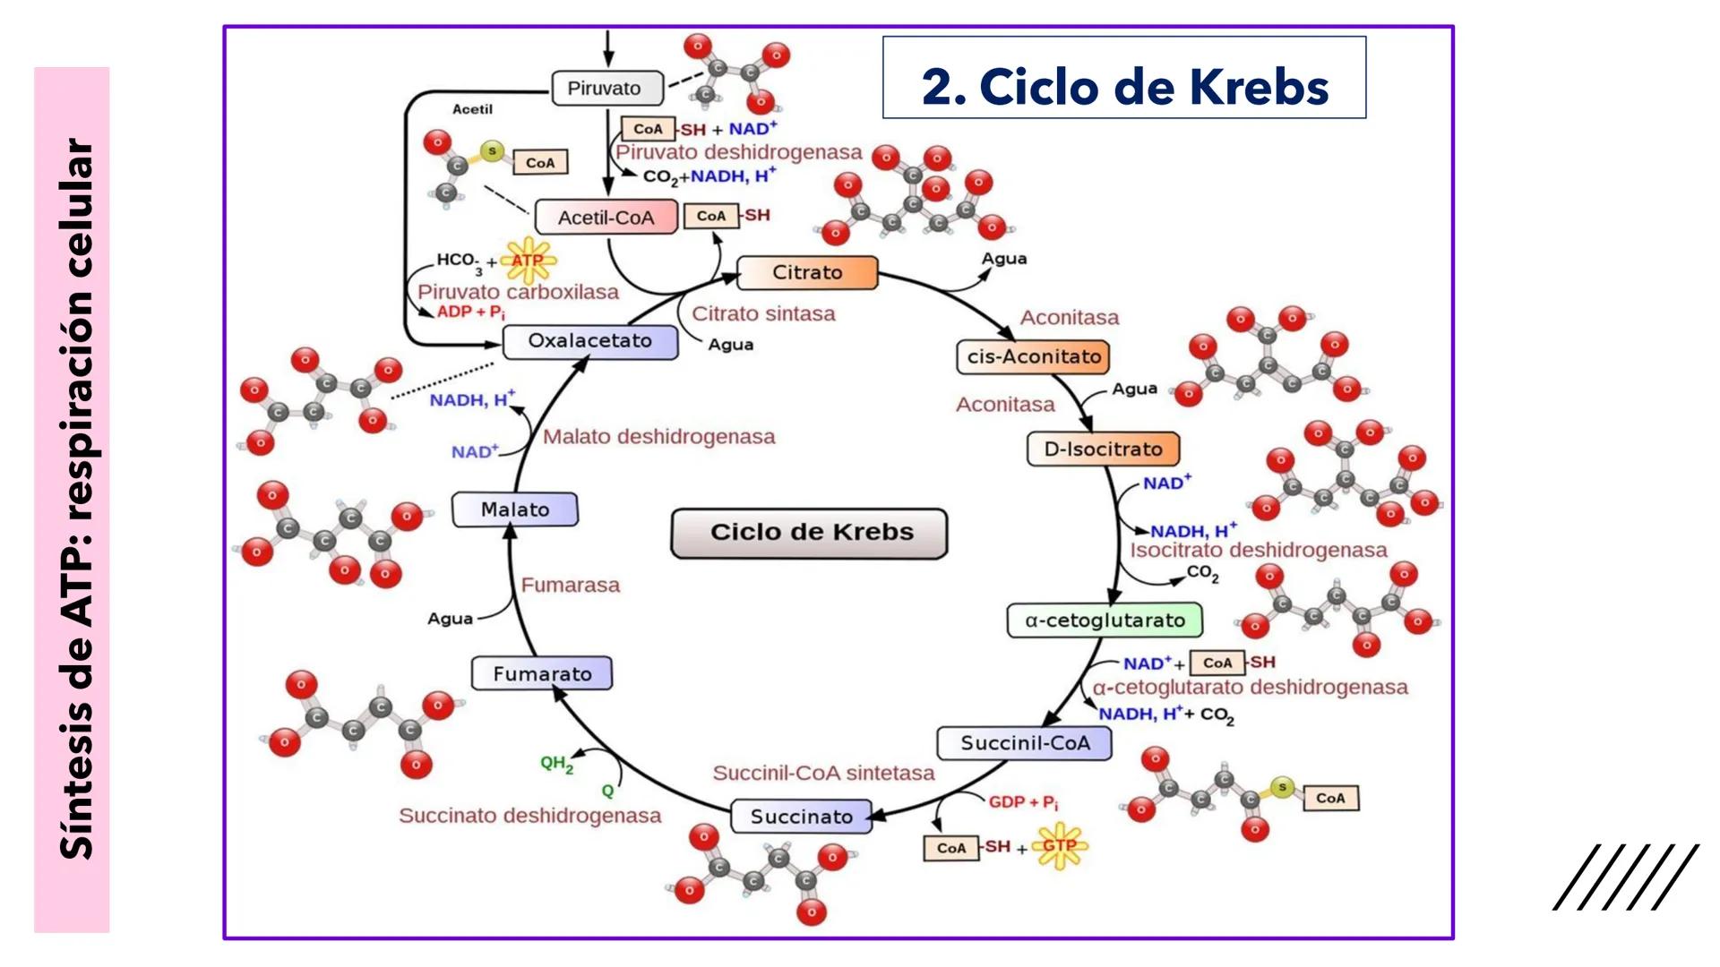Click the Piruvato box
(606, 89)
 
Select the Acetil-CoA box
(606, 218)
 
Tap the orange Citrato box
(807, 272)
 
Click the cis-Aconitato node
(1033, 356)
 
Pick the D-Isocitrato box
(1103, 449)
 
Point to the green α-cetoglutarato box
(1105, 620)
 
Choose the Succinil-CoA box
(1024, 743)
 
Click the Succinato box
(801, 817)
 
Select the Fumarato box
(542, 674)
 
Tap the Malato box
(515, 509)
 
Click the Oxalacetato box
(589, 341)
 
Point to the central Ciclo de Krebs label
(810, 533)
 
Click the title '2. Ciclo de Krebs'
(1124, 88)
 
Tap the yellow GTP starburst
(1059, 845)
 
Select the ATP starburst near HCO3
(528, 261)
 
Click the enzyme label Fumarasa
(571, 586)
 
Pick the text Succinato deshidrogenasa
(529, 816)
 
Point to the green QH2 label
(555, 764)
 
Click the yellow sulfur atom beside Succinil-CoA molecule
(1282, 788)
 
